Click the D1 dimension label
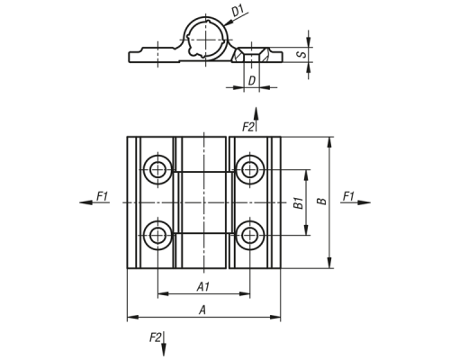238,12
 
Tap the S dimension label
301,55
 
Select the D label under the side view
252,81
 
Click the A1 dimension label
203,287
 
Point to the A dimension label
202,310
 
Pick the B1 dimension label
298,203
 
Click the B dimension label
321,201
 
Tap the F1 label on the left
102,196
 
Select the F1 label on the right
348,196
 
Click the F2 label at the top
248,127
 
